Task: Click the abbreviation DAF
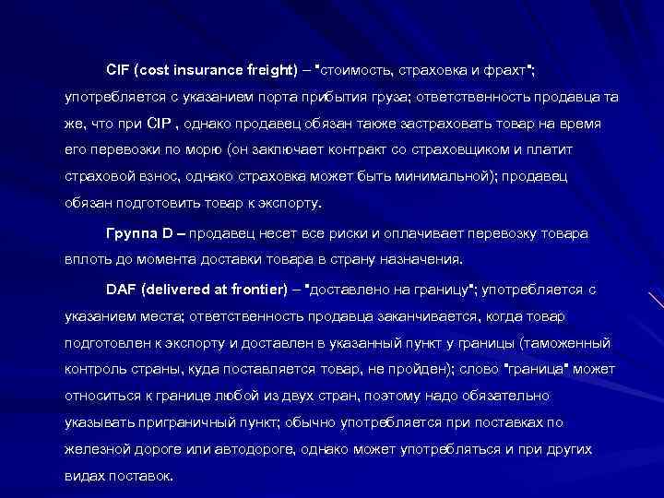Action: pyautogui.click(x=121, y=290)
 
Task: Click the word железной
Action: pyautogui.click(x=93, y=450)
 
